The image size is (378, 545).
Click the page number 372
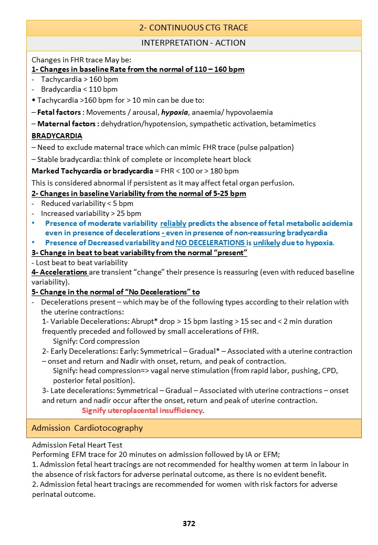tap(189, 523)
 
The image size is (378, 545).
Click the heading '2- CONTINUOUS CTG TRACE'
tap(194, 28)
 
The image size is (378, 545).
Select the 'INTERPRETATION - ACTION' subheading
tap(194, 43)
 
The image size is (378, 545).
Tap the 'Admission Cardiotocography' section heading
tap(87, 428)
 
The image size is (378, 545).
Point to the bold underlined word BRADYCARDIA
tap(57, 136)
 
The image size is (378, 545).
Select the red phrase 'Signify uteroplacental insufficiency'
tap(142, 410)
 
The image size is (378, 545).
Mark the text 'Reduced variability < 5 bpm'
tap(87, 203)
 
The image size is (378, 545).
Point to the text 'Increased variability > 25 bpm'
tap(91, 213)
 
